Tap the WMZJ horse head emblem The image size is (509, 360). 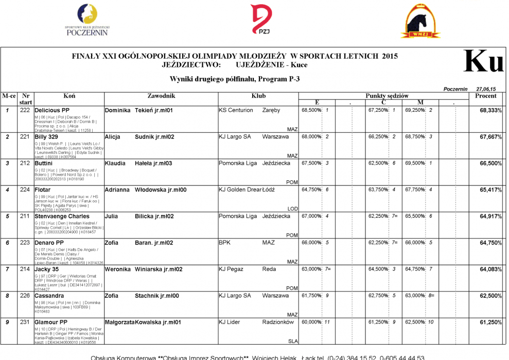point(420,22)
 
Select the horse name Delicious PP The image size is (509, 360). point(52,110)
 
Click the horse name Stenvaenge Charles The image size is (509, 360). point(62,216)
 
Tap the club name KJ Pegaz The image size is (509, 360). point(230,269)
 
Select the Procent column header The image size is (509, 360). point(485,96)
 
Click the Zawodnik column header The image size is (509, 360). point(161,96)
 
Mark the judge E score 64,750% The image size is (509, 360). point(311,190)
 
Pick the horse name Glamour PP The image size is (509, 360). point(51,322)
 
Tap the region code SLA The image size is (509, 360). point(293,341)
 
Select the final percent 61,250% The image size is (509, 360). point(490,322)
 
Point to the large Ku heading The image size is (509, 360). point(483,62)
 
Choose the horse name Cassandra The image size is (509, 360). point(49,296)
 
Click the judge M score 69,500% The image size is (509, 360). point(415,163)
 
